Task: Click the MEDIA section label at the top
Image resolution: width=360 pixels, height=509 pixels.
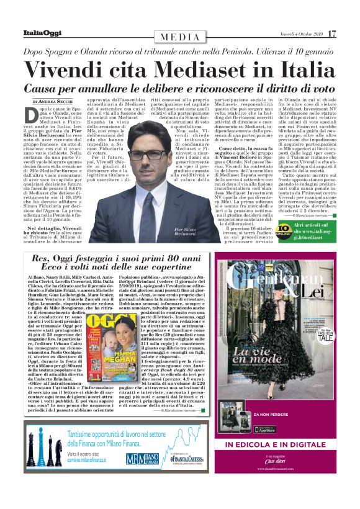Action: click(x=180, y=37)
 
